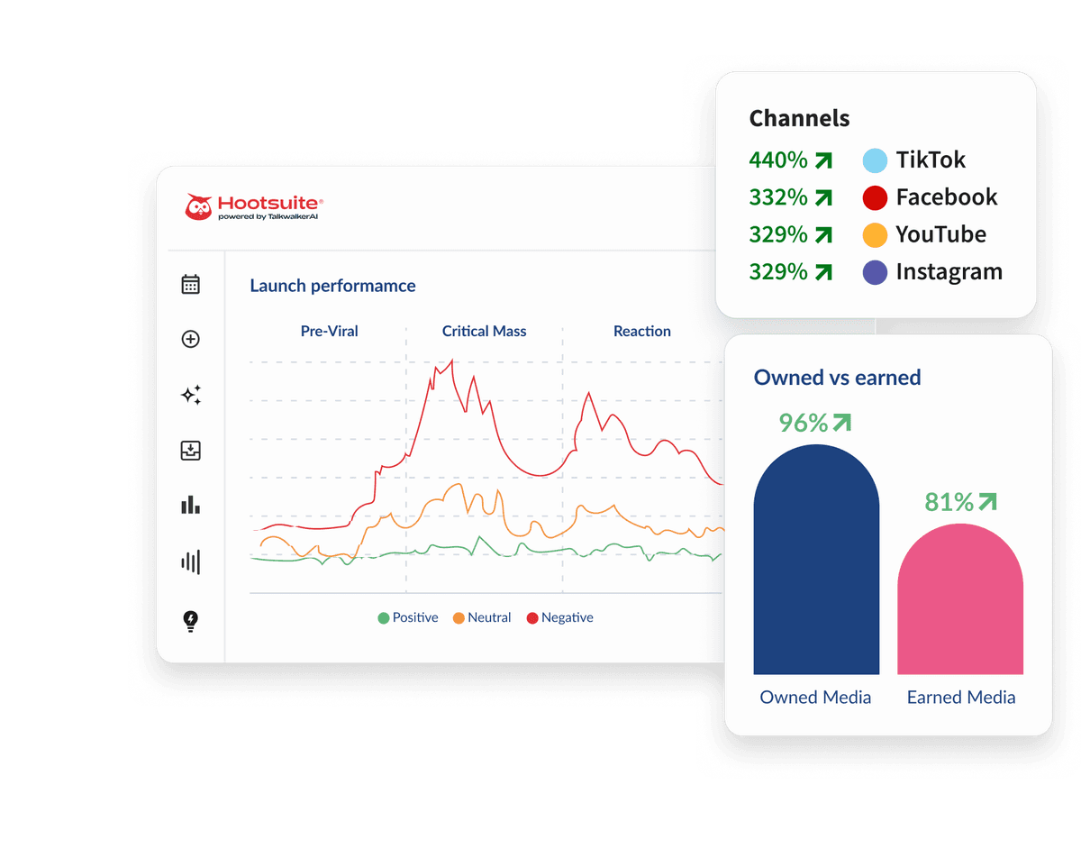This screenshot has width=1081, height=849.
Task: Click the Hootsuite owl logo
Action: tap(198, 206)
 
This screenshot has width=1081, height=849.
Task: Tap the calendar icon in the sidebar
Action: tap(190, 285)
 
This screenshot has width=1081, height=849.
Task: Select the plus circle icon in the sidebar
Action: tap(190, 339)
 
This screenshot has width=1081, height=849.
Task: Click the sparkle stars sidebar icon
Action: tap(190, 395)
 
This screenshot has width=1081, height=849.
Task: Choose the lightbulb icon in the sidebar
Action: tap(190, 620)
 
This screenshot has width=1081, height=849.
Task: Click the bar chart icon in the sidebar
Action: tap(190, 505)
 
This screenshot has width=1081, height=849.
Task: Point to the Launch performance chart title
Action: tap(332, 286)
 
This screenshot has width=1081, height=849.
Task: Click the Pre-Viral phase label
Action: tap(329, 331)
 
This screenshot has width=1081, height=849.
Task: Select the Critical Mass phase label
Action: tap(484, 331)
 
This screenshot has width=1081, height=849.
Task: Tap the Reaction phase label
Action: tap(641, 331)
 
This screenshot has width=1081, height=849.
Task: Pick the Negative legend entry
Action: tap(559, 617)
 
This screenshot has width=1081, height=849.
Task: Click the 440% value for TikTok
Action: tap(778, 160)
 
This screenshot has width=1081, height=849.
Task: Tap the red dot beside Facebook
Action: tap(875, 197)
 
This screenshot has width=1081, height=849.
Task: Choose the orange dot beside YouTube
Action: tap(875, 235)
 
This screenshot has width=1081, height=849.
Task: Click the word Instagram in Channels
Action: tap(949, 272)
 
